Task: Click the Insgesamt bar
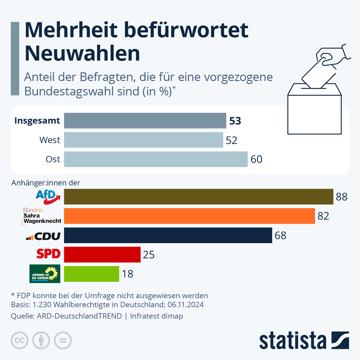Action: (x=145, y=121)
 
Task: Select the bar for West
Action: (x=143, y=140)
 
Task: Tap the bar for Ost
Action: (x=156, y=159)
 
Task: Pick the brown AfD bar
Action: (x=199, y=196)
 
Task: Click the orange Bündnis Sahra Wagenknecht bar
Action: (x=189, y=216)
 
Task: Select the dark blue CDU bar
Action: (x=168, y=235)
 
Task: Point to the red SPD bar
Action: (x=102, y=254)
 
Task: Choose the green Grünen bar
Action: (x=91, y=274)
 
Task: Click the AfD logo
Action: (x=48, y=196)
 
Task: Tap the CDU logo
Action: (x=43, y=236)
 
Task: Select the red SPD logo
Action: (x=48, y=254)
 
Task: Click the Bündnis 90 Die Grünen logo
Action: (x=45, y=274)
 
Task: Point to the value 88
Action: (x=341, y=197)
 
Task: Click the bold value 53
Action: (x=235, y=121)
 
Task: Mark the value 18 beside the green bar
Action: (x=127, y=274)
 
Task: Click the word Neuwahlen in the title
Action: (x=82, y=53)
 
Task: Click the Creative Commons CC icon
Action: (x=19, y=340)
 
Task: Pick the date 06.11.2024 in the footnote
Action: (x=185, y=304)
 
